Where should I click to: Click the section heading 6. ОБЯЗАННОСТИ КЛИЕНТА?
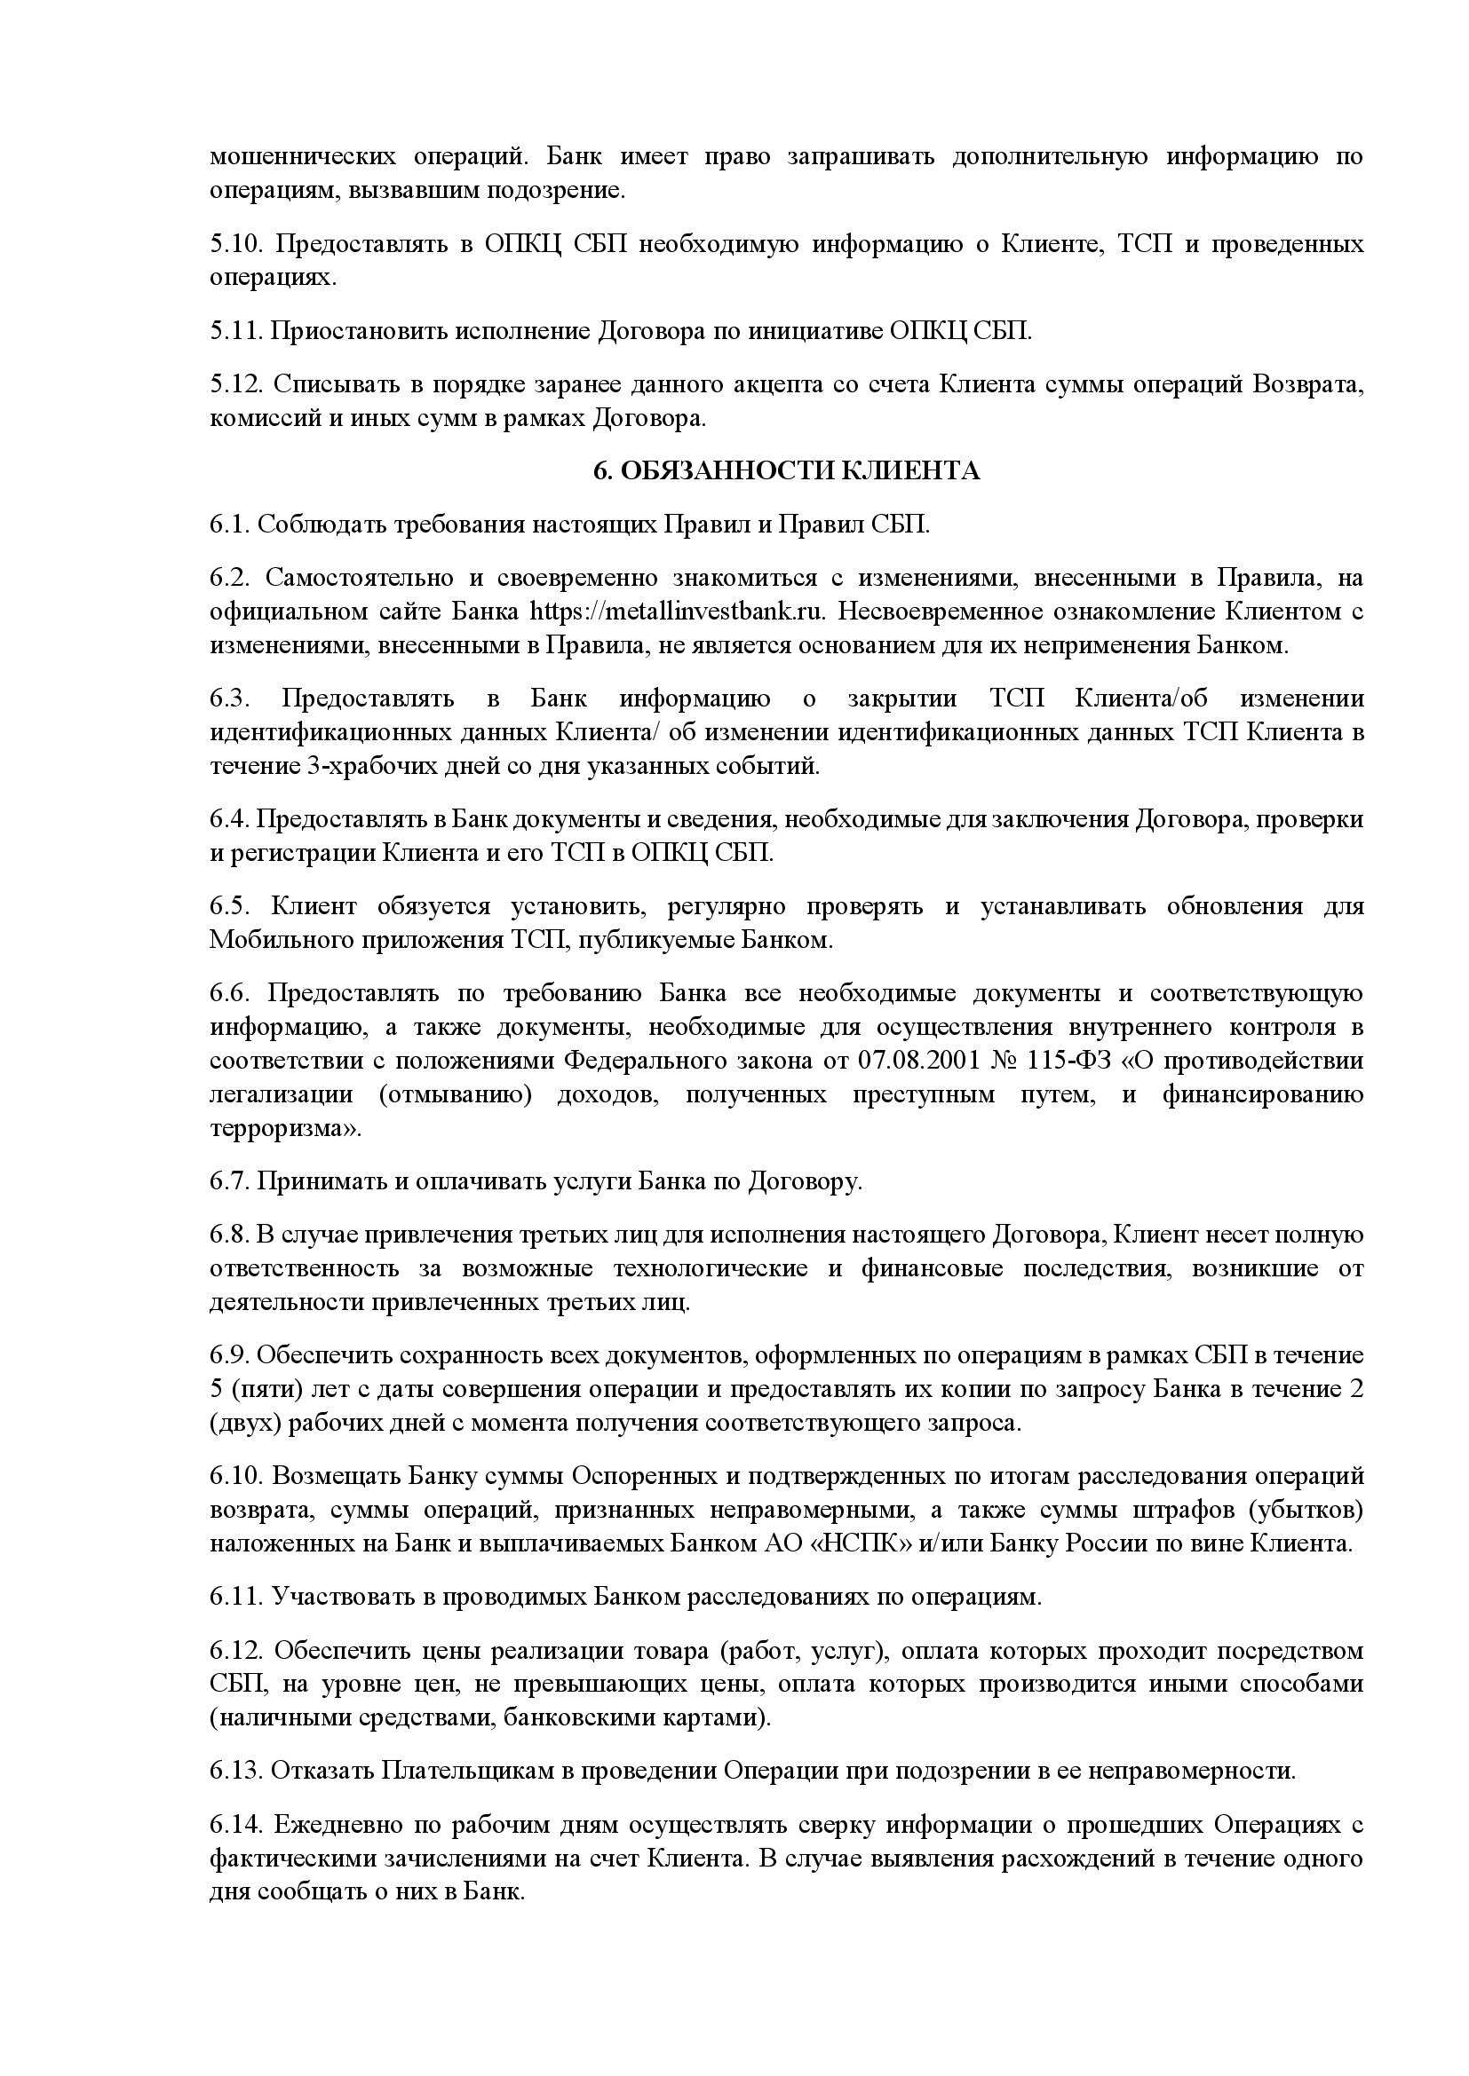click(x=786, y=471)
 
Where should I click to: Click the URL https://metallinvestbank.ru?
click(x=678, y=612)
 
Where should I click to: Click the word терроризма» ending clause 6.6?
click(x=285, y=1129)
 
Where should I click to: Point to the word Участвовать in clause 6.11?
click(x=341, y=1597)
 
